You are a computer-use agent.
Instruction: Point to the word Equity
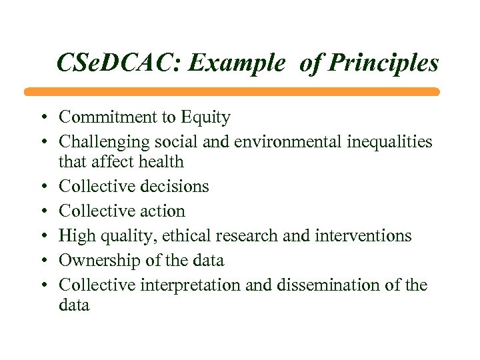(205, 118)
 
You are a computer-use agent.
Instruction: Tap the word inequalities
(387, 142)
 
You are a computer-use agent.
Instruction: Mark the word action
(160, 211)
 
